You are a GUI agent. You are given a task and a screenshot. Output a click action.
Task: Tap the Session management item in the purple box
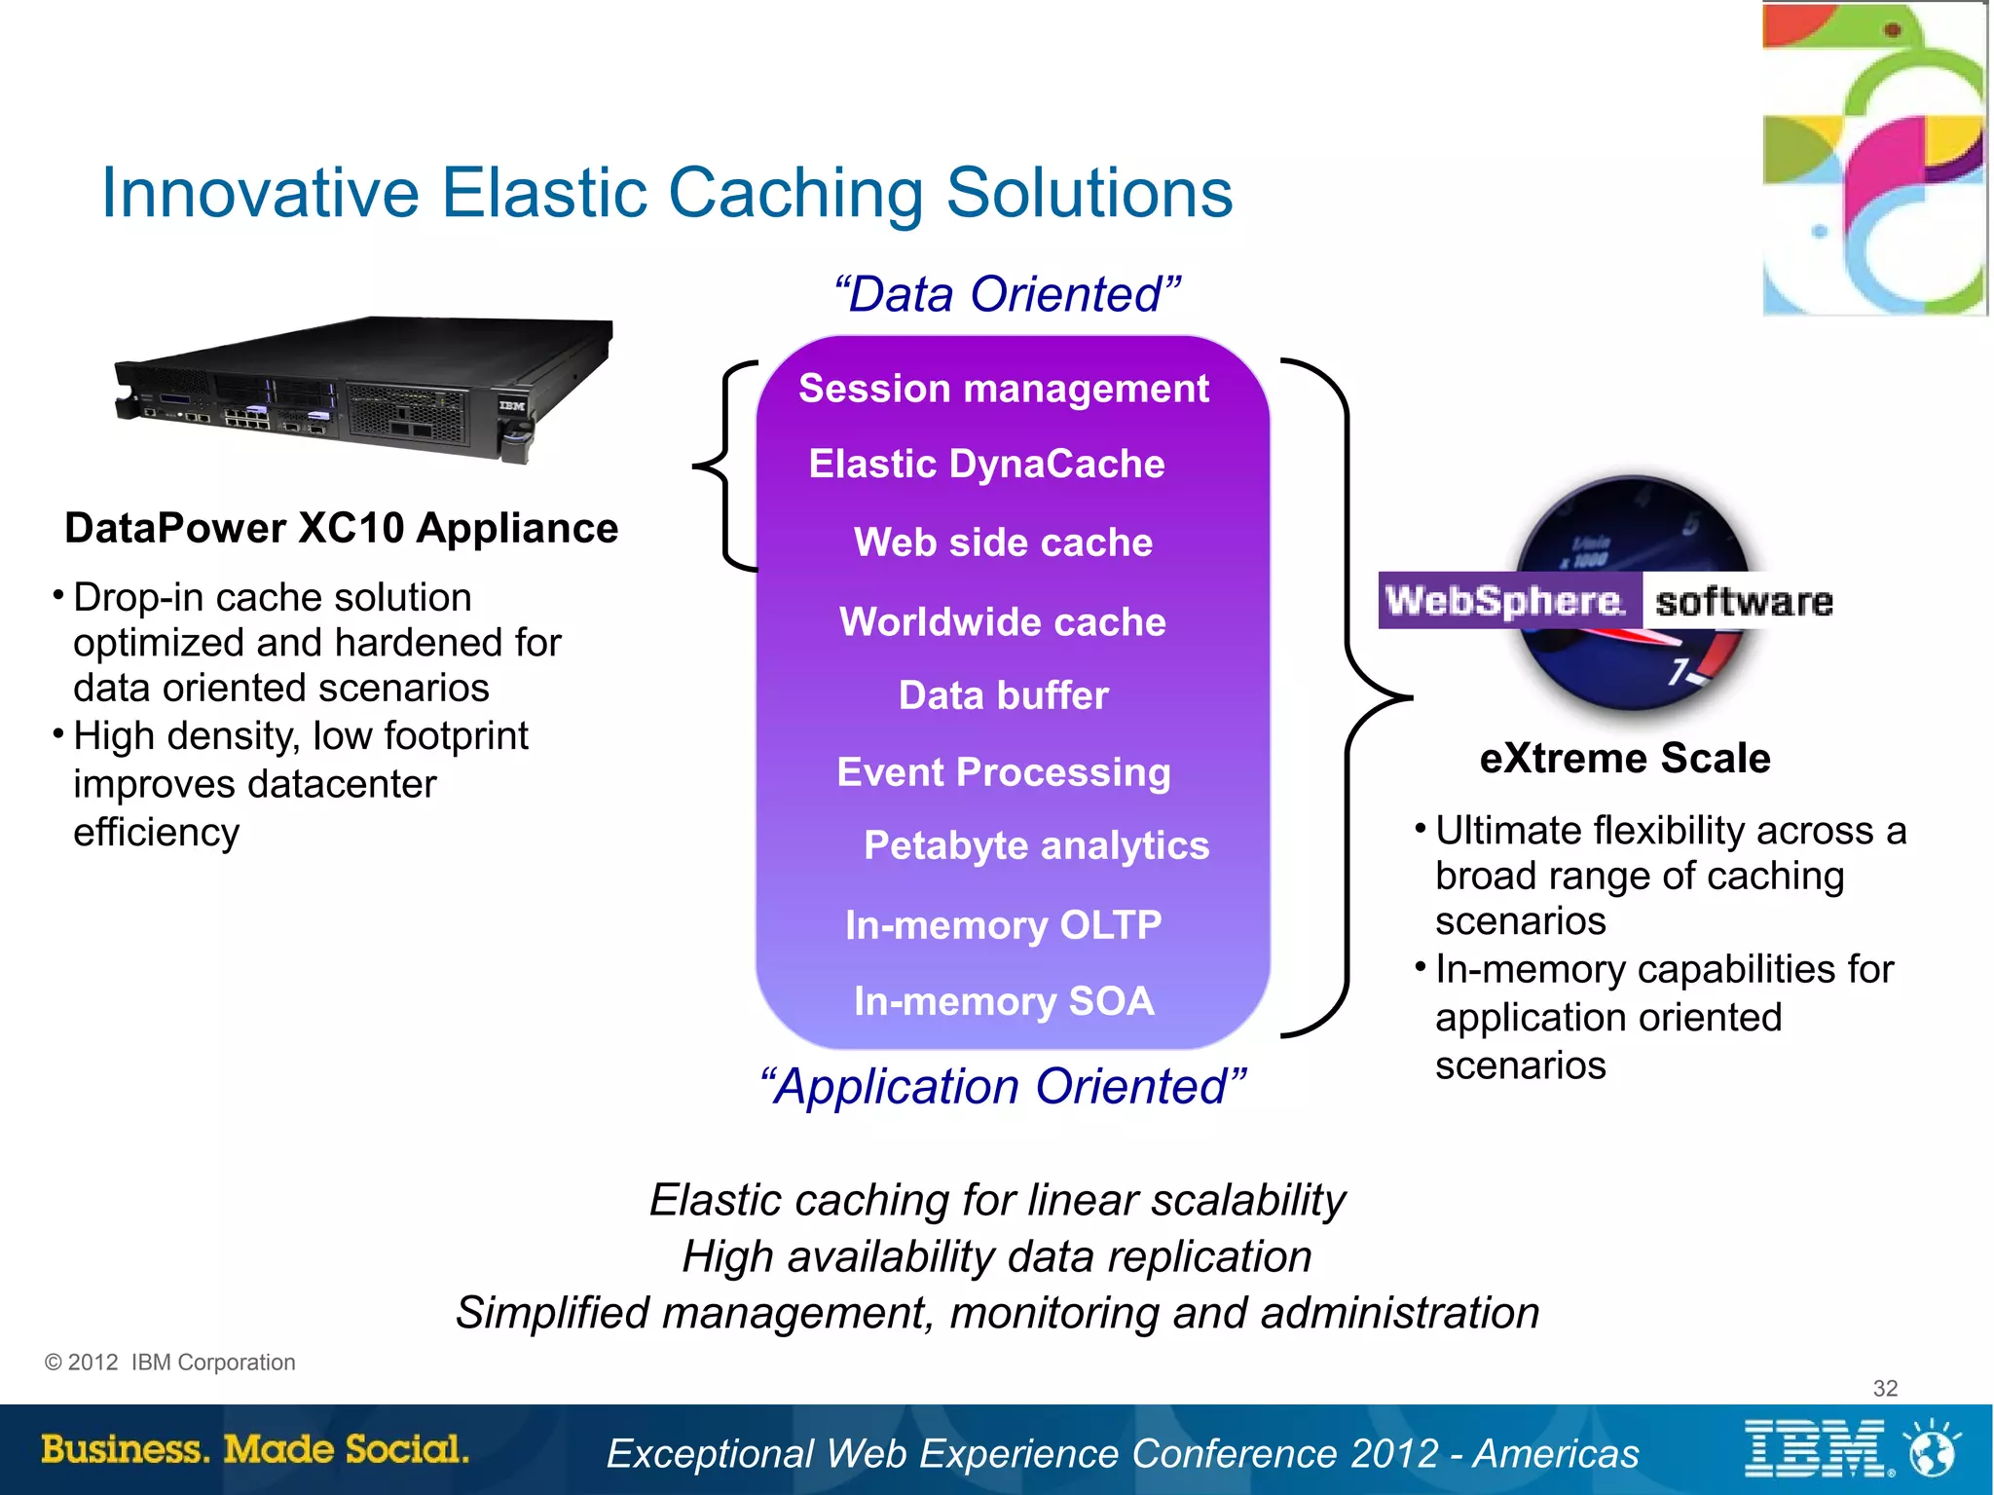[x=1003, y=389]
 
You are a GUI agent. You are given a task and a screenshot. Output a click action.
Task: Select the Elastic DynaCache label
[x=986, y=465]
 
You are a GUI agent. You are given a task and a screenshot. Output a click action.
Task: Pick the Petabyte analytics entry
[x=1036, y=845]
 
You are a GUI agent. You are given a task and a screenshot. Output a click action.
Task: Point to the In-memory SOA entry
[x=1004, y=1001]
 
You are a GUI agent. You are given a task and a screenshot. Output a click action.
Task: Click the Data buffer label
[x=1003, y=695]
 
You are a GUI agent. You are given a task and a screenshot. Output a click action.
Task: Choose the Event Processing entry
[x=1003, y=772]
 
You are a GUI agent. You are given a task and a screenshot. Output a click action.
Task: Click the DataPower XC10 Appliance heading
[x=341, y=528]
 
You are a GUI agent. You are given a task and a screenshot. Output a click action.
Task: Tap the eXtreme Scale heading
[x=1624, y=758]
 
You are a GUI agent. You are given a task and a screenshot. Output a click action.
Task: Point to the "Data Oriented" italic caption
[x=1008, y=294]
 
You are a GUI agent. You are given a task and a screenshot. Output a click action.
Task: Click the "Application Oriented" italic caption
[x=1003, y=1086]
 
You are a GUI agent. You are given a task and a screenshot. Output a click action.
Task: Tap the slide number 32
[x=1885, y=1388]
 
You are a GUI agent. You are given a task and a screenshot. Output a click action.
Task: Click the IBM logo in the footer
[x=1816, y=1449]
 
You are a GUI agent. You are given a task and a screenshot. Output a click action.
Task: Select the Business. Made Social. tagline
[x=255, y=1449]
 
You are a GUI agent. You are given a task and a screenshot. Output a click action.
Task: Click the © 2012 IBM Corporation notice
[x=170, y=1363]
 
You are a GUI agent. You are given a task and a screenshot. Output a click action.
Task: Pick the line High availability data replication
[x=997, y=1256]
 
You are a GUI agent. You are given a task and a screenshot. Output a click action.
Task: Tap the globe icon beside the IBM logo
[x=1933, y=1449]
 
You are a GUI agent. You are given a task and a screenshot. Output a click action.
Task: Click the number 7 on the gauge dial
[x=1679, y=671]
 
